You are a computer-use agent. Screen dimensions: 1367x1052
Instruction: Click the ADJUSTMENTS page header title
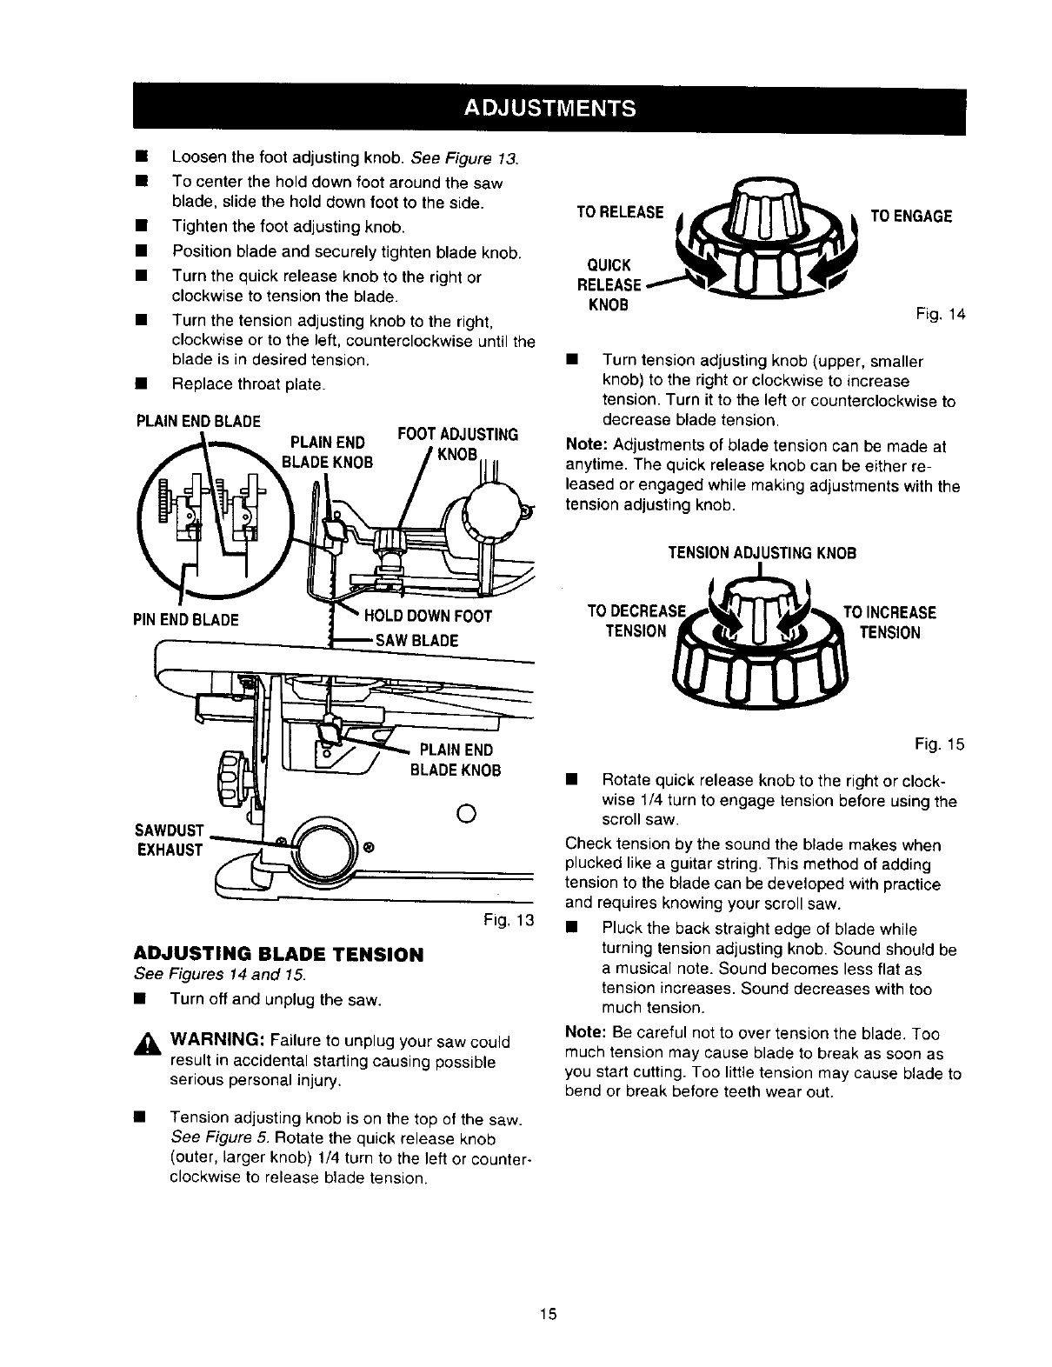click(549, 110)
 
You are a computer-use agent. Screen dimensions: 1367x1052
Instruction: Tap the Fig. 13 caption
click(511, 920)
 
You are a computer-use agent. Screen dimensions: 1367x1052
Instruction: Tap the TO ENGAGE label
click(911, 217)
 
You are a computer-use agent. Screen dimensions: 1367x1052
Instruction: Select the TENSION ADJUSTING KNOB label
click(762, 553)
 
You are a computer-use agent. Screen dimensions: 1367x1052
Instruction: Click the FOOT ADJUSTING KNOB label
click(457, 444)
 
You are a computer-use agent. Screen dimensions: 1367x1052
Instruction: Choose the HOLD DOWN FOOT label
click(428, 617)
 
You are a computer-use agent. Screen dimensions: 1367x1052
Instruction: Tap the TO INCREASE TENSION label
click(889, 622)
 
